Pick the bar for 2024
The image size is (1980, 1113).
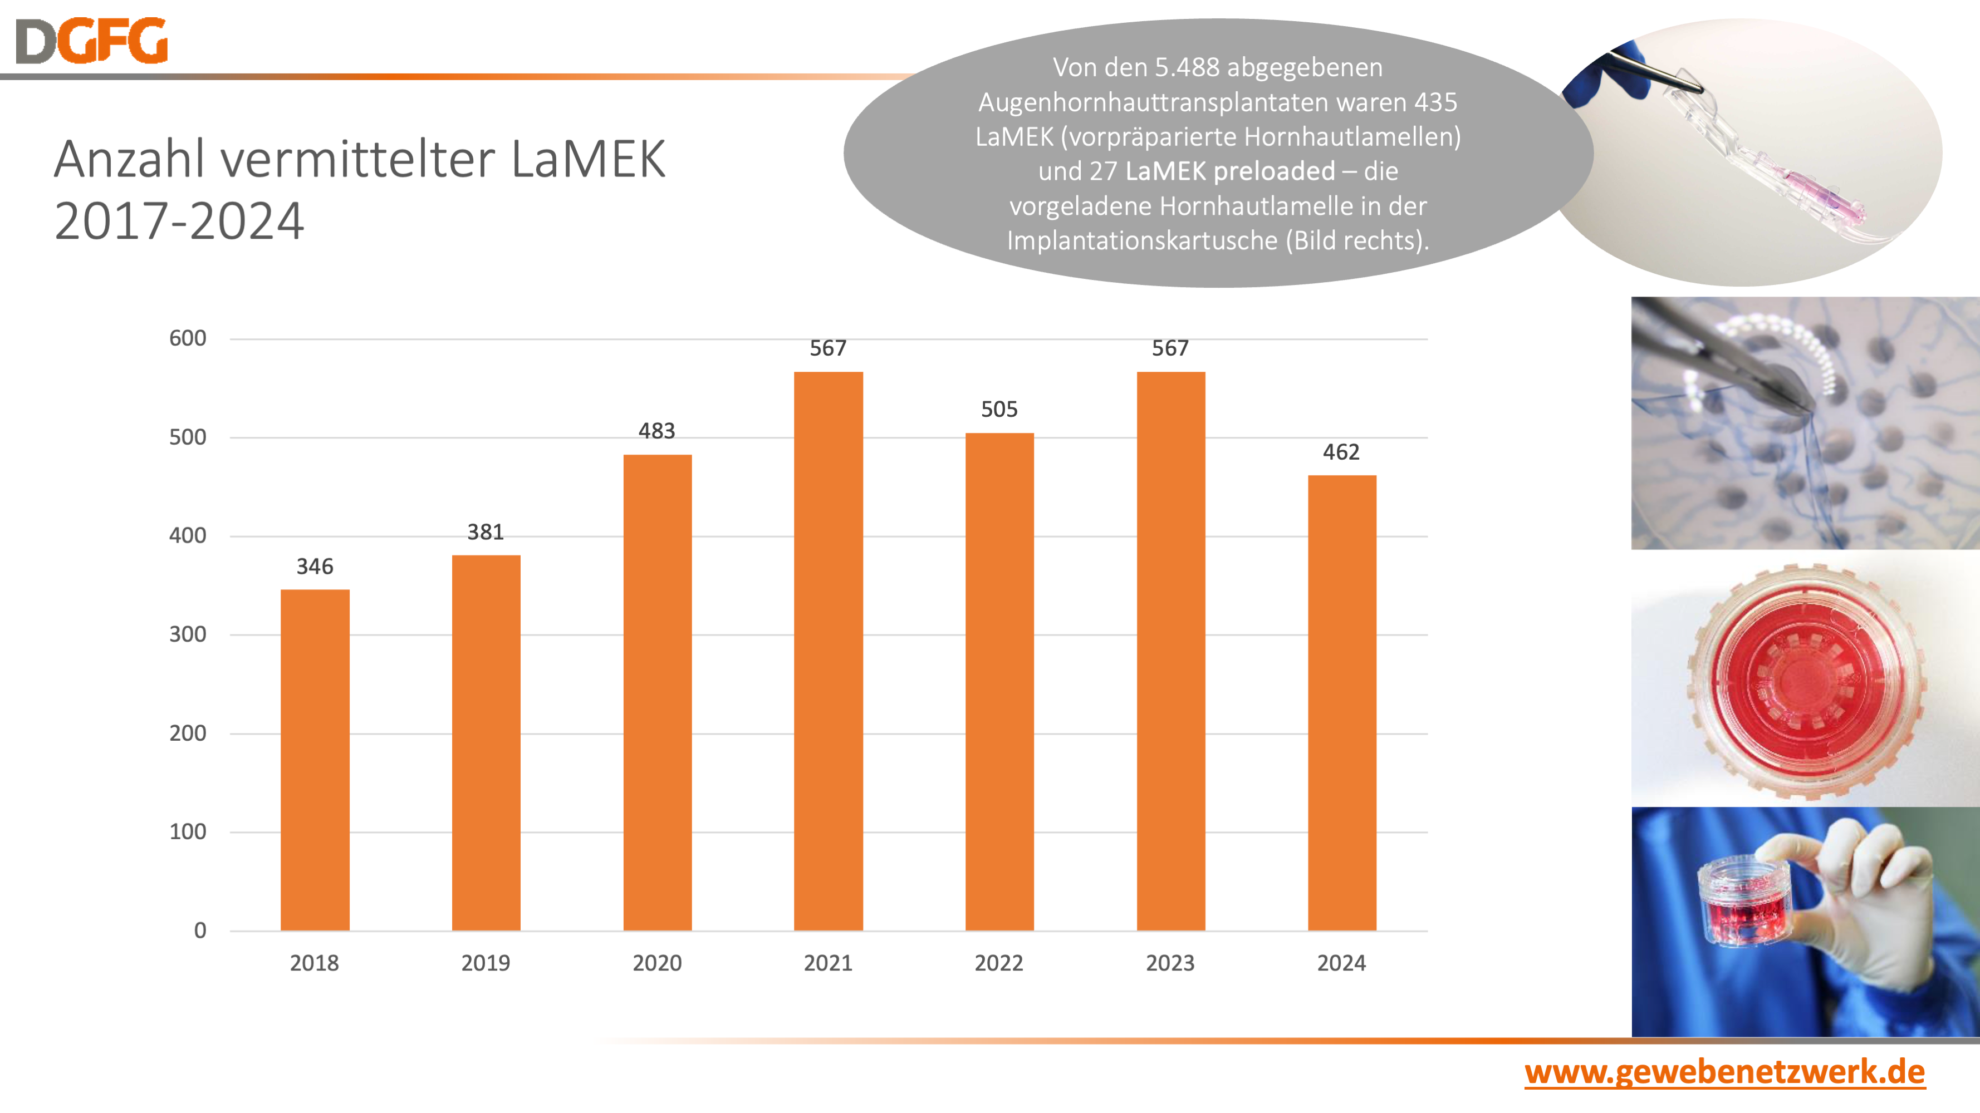point(1341,702)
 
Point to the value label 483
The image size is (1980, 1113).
point(656,431)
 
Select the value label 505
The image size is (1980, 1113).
point(999,410)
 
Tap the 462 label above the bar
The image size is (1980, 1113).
point(1341,452)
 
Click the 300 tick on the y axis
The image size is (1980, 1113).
point(188,634)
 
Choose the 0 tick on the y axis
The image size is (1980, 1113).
point(200,930)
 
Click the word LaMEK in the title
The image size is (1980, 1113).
point(588,160)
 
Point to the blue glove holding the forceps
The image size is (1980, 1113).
point(1610,81)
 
